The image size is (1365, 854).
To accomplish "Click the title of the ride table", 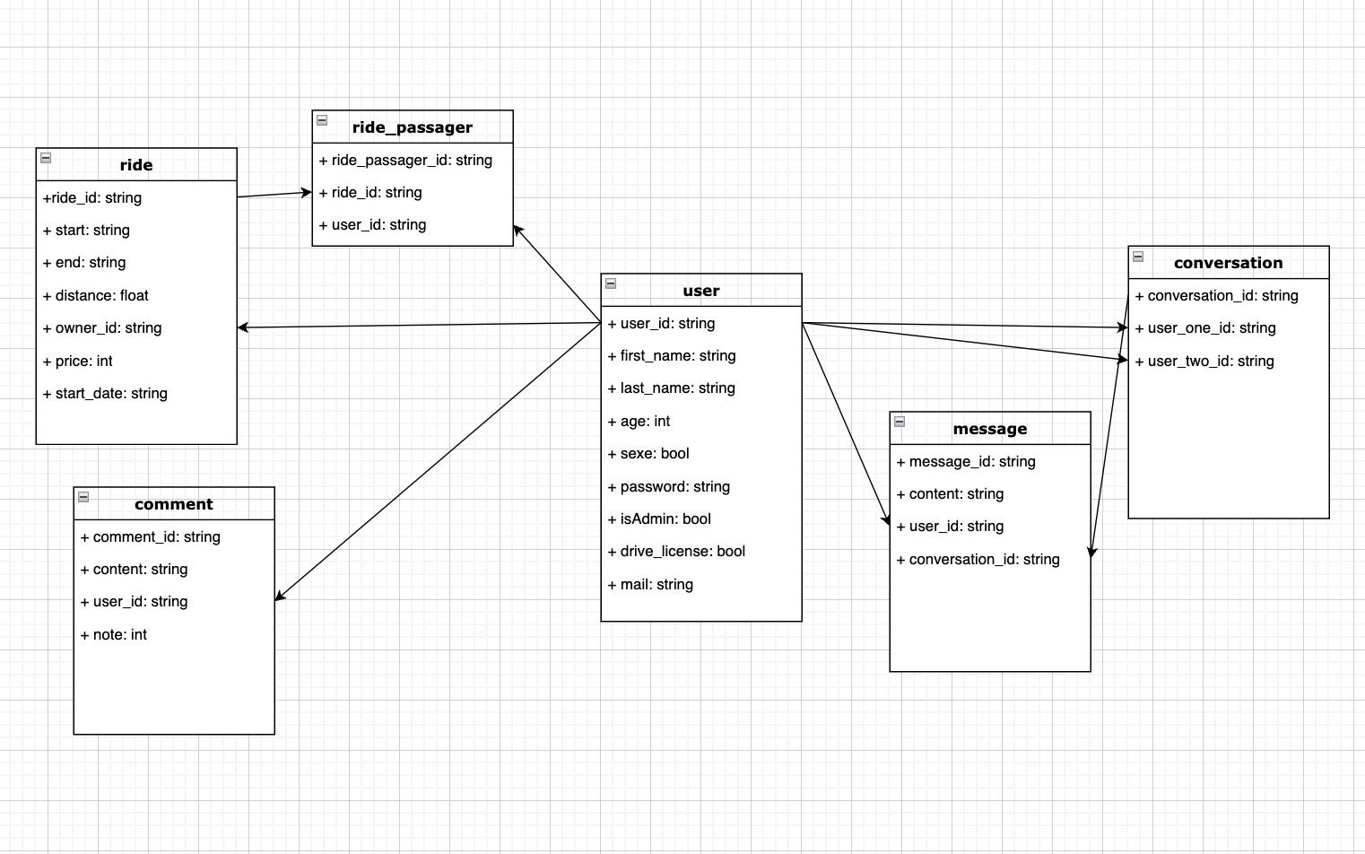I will (x=136, y=165).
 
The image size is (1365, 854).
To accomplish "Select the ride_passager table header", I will (x=413, y=127).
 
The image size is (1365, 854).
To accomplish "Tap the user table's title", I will (x=701, y=291).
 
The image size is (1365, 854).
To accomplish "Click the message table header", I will (x=990, y=429).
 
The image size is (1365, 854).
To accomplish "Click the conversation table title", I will (x=1228, y=263).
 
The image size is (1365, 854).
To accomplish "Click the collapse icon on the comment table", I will (x=83, y=497).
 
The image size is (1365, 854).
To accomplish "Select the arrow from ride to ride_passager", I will (x=274, y=195).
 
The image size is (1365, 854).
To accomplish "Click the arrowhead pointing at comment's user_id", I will (x=280, y=597).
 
